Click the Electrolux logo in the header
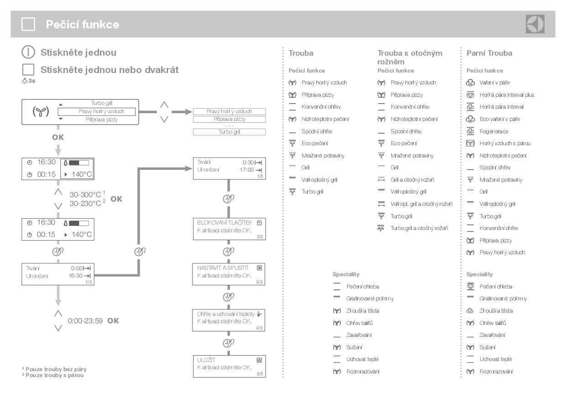click(535, 24)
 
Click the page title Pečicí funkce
click(82, 25)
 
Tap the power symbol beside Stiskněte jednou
click(28, 52)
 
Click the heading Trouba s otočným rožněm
click(409, 57)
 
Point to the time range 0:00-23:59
click(85, 321)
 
